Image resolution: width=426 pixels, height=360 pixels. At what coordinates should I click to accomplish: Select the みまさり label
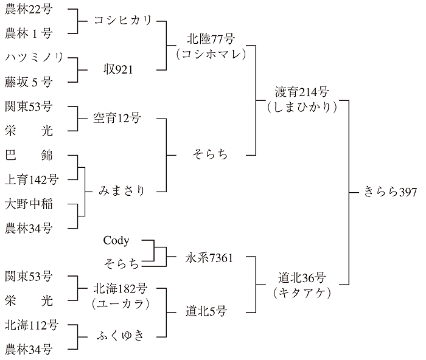[122, 191]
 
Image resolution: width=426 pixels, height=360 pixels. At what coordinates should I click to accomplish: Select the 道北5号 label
[206, 311]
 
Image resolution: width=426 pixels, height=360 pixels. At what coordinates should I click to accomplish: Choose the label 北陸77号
[211, 40]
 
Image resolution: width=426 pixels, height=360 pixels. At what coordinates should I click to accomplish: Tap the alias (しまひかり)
[301, 106]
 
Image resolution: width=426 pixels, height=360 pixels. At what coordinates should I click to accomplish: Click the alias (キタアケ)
[301, 292]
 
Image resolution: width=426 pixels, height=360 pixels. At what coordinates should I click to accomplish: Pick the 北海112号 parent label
[31, 325]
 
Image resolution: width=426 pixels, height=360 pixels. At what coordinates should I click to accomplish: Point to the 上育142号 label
[31, 179]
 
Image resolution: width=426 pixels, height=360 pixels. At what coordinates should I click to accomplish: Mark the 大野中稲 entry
[29, 204]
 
